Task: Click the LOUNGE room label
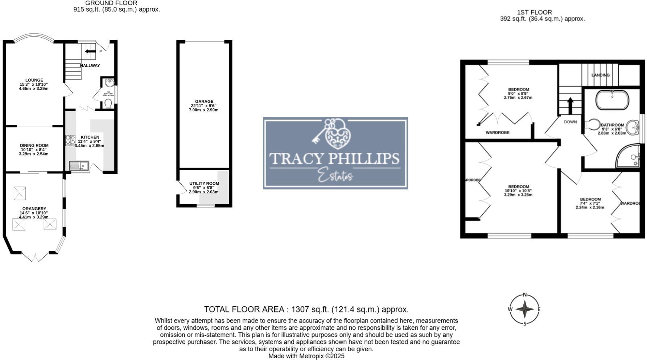(34, 80)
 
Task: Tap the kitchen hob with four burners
(70, 140)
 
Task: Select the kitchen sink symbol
(79, 166)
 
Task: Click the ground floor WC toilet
(108, 103)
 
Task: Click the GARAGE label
(204, 102)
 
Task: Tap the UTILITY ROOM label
(204, 184)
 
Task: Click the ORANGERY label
(34, 209)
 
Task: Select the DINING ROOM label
(34, 146)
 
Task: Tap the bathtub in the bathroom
(612, 100)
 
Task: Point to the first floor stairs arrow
(570, 105)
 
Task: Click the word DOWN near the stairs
(570, 122)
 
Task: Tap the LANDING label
(600, 75)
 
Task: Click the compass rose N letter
(525, 295)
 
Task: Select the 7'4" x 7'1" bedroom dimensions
(590, 204)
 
